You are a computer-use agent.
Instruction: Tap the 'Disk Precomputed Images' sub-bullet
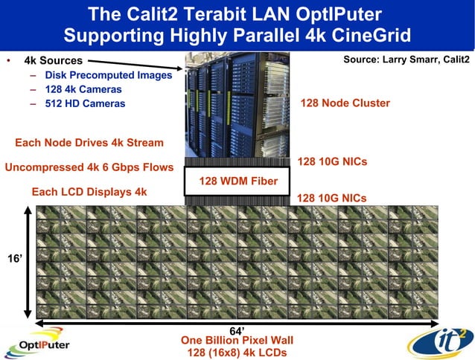108,75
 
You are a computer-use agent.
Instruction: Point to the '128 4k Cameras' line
84,89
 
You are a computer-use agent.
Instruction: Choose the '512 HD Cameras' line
85,103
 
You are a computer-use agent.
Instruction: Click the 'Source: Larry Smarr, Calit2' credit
407,60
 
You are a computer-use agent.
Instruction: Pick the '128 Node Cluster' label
345,103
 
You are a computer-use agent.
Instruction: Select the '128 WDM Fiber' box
238,181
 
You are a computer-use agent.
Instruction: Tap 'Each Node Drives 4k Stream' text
89,143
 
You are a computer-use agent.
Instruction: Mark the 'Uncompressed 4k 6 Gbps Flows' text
89,167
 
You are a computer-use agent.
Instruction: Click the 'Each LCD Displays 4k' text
89,192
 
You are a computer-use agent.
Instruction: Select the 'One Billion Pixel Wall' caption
237,340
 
